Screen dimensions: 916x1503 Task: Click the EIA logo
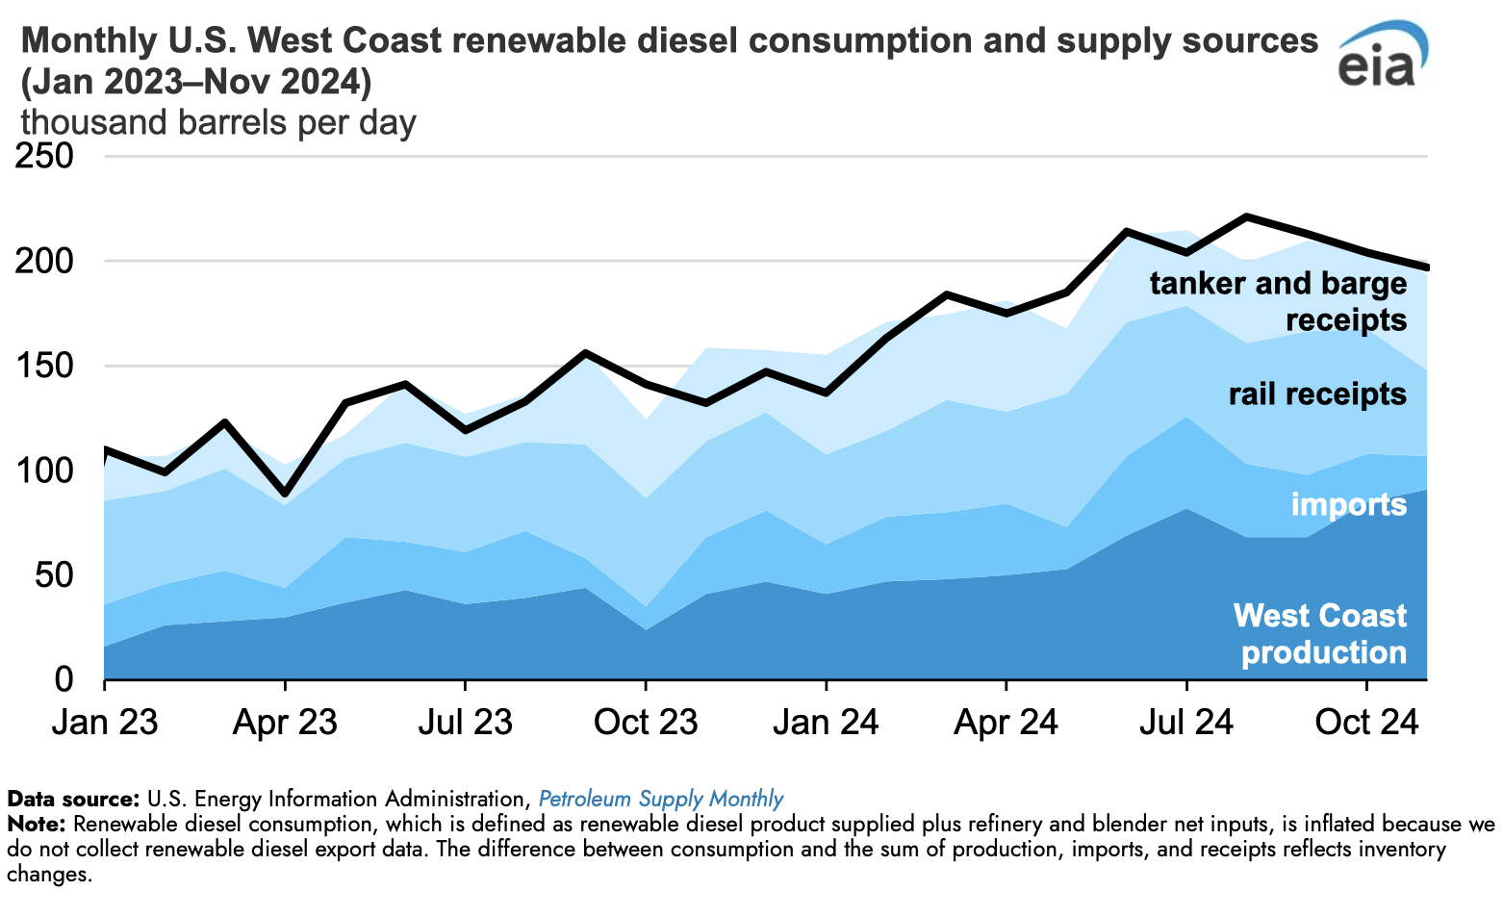(1383, 55)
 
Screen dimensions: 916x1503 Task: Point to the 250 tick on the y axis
(46, 156)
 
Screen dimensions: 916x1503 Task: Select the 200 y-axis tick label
(46, 261)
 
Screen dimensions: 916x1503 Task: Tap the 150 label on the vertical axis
(46, 366)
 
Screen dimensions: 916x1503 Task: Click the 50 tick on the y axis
(56, 575)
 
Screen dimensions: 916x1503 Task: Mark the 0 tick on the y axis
(64, 679)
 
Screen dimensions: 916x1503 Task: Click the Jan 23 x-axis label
(105, 722)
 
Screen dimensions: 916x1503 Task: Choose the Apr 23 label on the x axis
(285, 722)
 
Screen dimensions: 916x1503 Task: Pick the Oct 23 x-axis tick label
(646, 722)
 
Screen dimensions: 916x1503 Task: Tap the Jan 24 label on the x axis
(826, 722)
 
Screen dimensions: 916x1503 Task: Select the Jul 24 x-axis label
(1186, 722)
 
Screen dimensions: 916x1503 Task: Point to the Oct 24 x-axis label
(1366, 722)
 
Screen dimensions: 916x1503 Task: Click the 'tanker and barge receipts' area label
(1278, 301)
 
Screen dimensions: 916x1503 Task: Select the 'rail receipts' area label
(1317, 394)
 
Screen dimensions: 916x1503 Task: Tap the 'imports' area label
(1348, 504)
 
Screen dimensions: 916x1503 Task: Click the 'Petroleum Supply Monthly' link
(660, 799)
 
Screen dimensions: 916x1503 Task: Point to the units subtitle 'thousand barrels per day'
(218, 123)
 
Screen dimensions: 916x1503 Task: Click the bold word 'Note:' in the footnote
(36, 825)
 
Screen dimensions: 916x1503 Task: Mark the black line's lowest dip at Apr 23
(285, 494)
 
